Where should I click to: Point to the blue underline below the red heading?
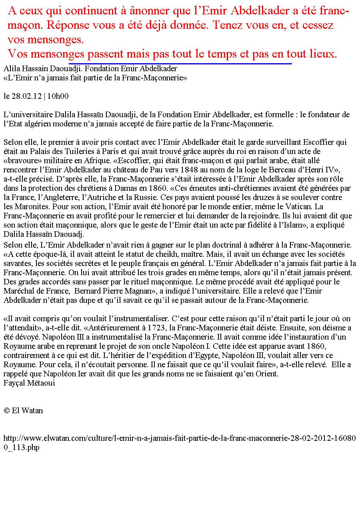point(180,63)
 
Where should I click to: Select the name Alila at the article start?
point(12,69)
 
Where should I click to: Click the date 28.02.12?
point(27,96)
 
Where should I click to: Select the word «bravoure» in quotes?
point(19,160)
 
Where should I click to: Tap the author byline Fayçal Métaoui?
point(29,383)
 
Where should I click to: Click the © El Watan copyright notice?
point(23,411)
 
